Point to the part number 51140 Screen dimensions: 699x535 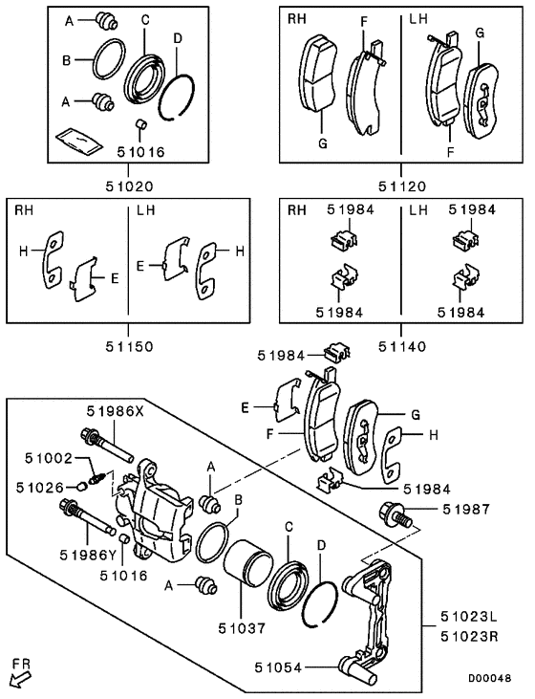coord(400,346)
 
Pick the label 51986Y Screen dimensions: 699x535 coord(88,554)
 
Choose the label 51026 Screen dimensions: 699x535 coord(39,487)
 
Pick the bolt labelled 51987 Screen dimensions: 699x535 coord(395,514)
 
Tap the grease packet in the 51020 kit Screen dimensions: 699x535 coord(80,140)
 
